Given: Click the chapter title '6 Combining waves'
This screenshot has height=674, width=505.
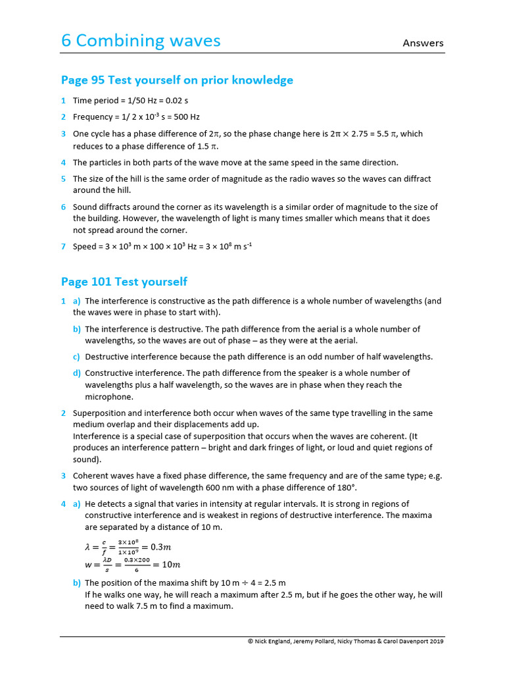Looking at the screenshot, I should point(141,41).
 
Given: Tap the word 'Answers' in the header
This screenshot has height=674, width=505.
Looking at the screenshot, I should point(423,43).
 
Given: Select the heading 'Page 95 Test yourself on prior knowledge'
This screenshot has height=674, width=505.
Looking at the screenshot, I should point(177,80).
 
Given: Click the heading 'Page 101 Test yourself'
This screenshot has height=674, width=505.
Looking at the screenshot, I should point(124,282).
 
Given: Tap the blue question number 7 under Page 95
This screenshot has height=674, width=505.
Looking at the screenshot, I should point(64,247).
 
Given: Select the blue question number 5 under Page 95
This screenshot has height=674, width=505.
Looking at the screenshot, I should point(64,179).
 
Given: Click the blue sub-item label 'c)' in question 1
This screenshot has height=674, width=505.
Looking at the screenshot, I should point(76,357).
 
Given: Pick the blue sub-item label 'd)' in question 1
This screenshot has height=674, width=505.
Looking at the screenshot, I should point(76,373).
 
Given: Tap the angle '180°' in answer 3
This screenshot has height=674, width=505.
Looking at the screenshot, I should point(346,488).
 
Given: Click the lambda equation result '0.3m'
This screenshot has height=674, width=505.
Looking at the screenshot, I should point(160,547).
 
